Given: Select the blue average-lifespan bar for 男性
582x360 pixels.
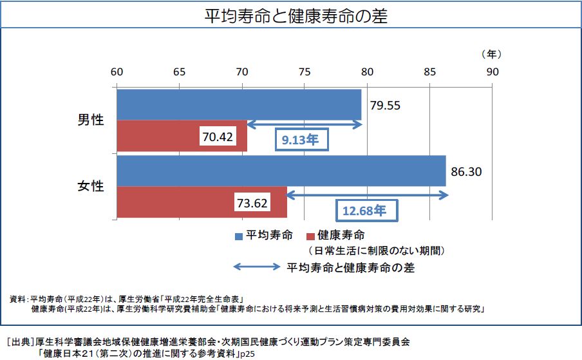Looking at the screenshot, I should click(x=238, y=104).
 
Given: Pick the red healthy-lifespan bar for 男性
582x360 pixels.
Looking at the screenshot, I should click(x=161, y=136).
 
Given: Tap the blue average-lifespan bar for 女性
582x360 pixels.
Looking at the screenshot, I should click(x=281, y=171).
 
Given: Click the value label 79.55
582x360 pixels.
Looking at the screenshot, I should click(x=384, y=105).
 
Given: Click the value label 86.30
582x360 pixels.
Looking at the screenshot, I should click(x=467, y=172).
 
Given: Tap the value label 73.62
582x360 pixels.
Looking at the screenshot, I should click(x=252, y=203).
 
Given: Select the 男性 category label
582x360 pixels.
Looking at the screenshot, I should click(x=91, y=120).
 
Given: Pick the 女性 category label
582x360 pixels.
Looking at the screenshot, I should click(x=91, y=187).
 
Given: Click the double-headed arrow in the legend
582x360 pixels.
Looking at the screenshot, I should click(x=256, y=267).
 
